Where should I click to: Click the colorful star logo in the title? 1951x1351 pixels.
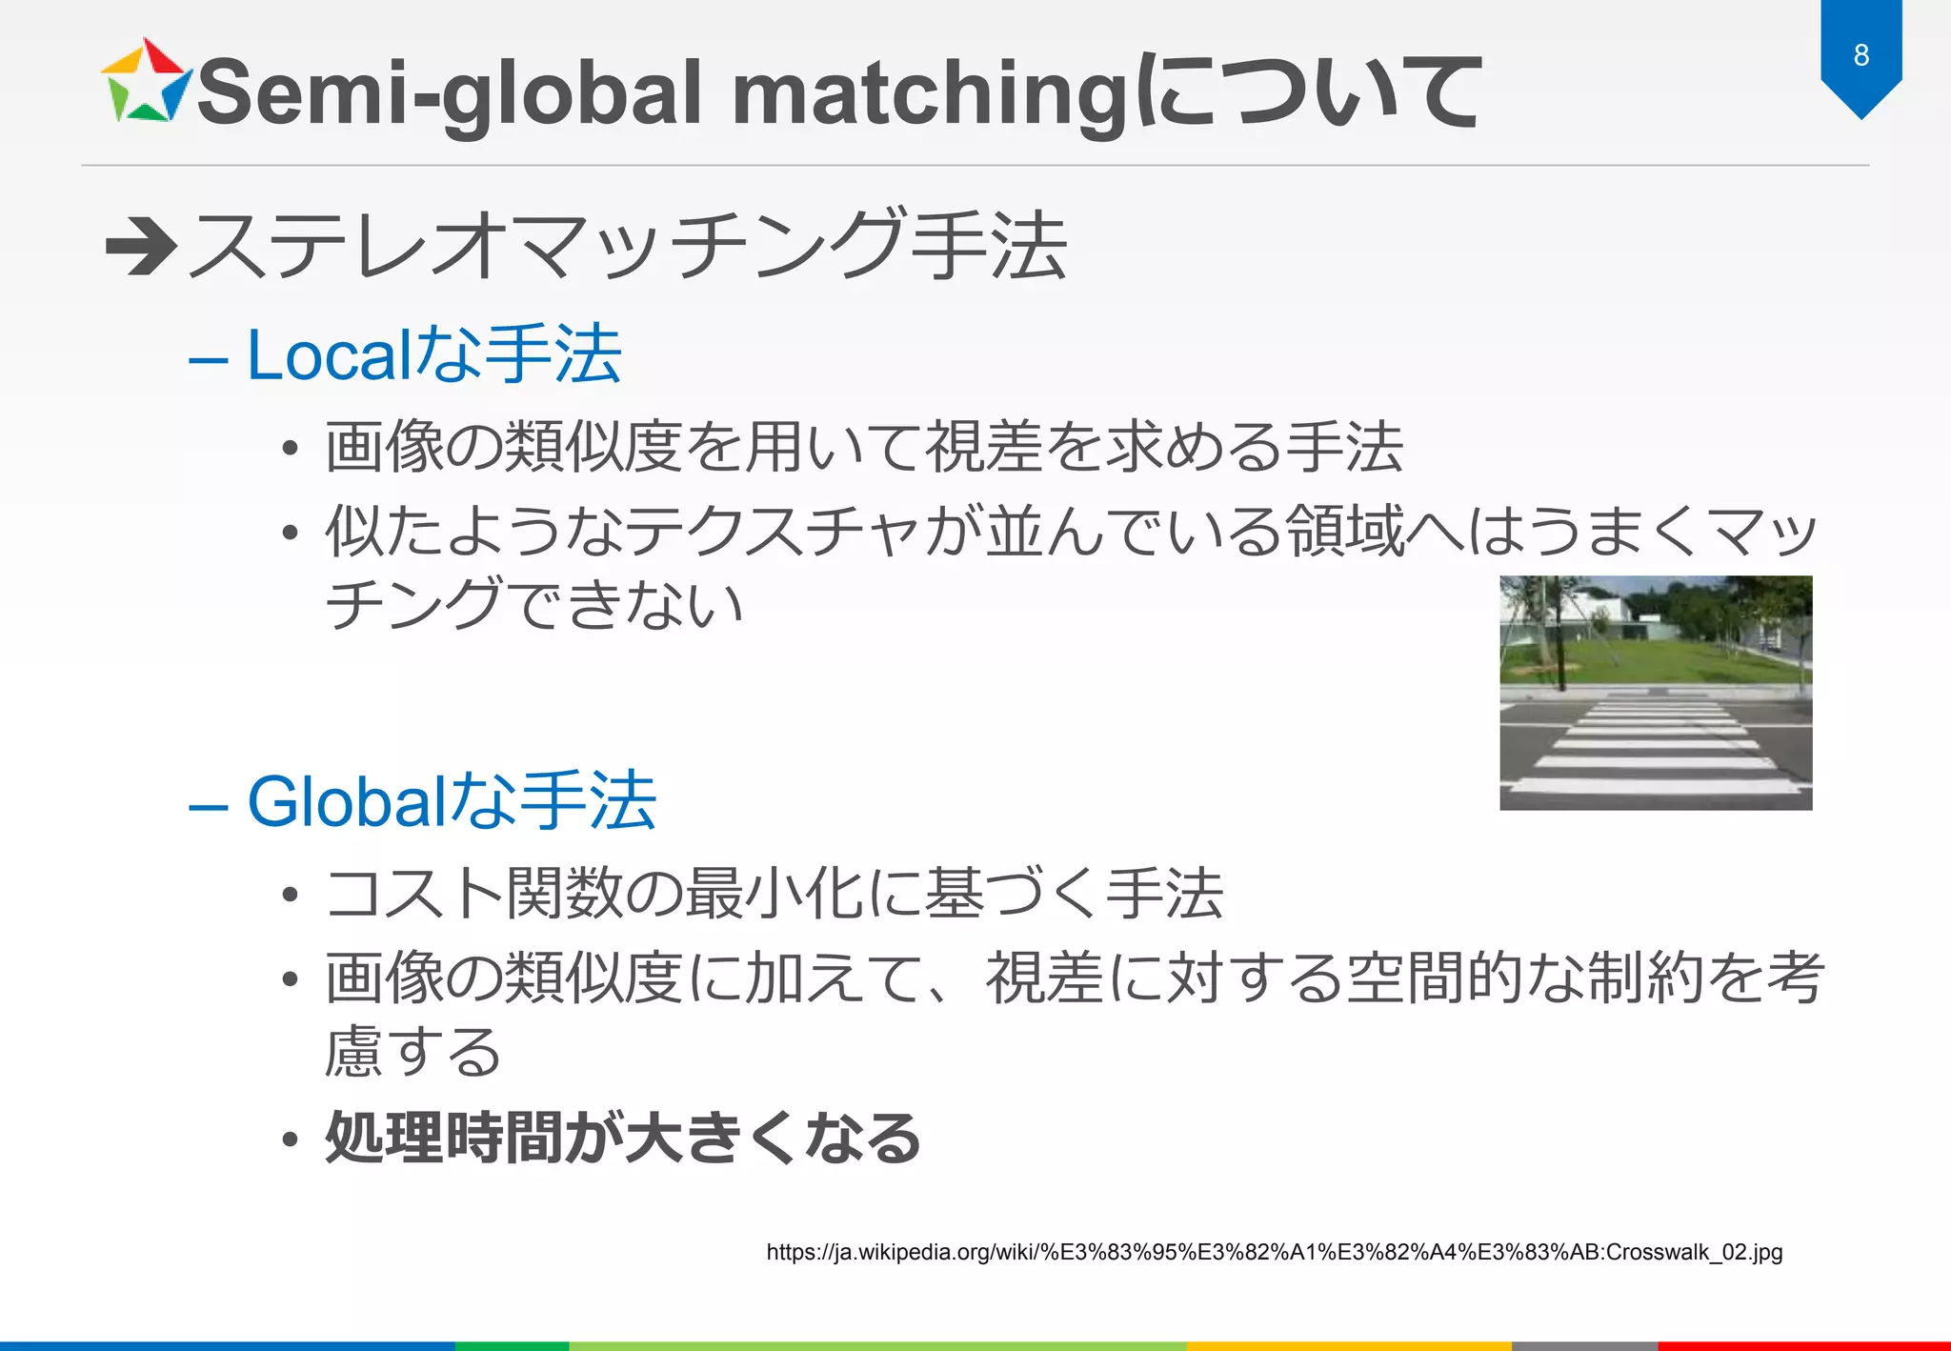(146, 84)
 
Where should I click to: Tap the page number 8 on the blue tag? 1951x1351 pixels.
(1860, 55)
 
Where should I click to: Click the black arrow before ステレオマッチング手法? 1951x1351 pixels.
(140, 246)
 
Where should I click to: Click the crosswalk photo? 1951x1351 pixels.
(1655, 693)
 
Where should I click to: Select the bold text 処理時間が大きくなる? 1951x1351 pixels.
(622, 1138)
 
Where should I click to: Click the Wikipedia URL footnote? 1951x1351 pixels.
(1274, 1252)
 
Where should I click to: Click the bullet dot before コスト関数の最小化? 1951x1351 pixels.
(291, 895)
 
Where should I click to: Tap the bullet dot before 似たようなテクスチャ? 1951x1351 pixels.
(291, 532)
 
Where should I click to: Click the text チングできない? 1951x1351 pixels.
(533, 604)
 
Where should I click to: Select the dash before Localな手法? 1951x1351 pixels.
(208, 361)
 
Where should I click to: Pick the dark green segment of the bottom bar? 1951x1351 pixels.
(512, 1345)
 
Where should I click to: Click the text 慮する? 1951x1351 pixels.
(412, 1052)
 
